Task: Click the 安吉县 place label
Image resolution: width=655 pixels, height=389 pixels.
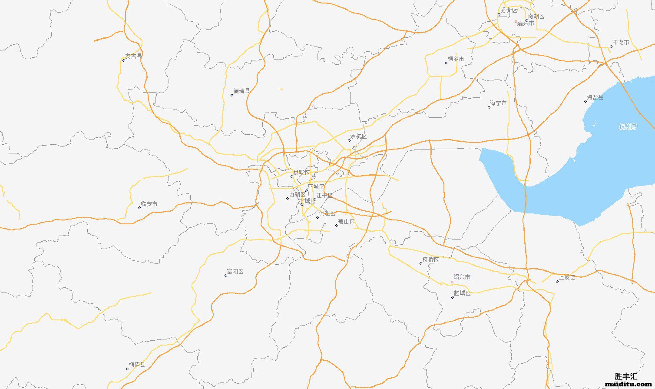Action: [x=133, y=56]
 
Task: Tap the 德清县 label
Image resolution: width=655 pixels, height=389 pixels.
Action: [x=241, y=91]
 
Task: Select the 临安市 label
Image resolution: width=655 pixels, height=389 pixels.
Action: [x=149, y=204]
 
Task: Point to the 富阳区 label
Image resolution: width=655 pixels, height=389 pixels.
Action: [x=235, y=272]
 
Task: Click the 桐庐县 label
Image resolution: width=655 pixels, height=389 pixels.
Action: [x=137, y=365]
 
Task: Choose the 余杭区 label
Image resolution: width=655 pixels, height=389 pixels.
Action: [x=358, y=136]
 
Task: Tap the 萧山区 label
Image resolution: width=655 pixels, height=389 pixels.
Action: [x=346, y=222]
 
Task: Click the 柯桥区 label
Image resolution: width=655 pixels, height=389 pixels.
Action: [x=430, y=260]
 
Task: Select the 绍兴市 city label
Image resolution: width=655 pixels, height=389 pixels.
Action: [x=462, y=277]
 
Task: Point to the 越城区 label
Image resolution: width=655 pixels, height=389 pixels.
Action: [x=462, y=293]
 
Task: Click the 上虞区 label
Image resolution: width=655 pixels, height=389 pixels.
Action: [x=567, y=277]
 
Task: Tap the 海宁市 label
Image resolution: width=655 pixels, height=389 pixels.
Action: [x=498, y=103]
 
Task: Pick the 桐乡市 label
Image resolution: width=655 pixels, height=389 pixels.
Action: [x=456, y=59]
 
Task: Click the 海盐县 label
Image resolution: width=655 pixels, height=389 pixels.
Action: [x=595, y=97]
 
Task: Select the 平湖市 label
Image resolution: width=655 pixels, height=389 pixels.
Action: [x=621, y=42]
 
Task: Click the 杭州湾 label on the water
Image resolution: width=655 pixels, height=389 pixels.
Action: [x=628, y=126]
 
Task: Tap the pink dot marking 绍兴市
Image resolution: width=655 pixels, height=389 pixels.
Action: [x=452, y=282]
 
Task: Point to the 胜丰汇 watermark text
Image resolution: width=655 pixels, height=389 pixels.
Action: [x=626, y=376]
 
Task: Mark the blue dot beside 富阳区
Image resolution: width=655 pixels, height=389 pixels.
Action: [x=226, y=276]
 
